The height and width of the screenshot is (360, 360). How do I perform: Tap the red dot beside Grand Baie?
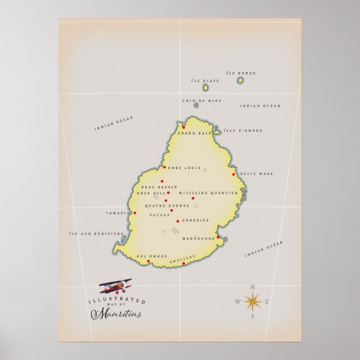pos(183,126)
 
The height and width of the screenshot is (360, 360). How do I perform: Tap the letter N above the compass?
pos(253,286)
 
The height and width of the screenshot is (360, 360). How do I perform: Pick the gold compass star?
pos(252,301)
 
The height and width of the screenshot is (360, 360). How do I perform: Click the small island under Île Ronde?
pos(240,81)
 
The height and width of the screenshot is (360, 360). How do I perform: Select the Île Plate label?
pos(210,80)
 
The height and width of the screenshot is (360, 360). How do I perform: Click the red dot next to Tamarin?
pos(134,213)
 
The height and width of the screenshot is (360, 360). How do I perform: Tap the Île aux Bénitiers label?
pos(96,233)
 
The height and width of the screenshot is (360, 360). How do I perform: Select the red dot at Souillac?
pos(183,264)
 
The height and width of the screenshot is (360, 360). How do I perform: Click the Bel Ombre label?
pos(151,256)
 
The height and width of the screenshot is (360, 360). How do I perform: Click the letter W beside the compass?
pos(238,302)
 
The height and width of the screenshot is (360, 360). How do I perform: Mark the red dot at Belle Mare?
pos(234,174)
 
